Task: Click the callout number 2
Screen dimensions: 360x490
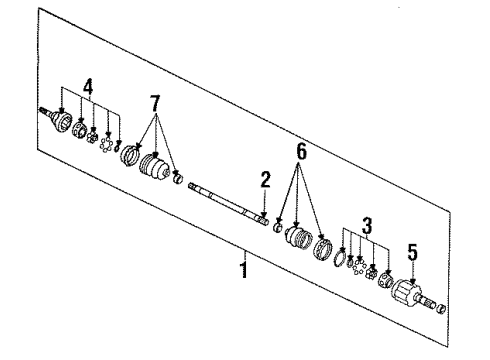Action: point(266,179)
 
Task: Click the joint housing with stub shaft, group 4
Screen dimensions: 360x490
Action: point(61,124)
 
